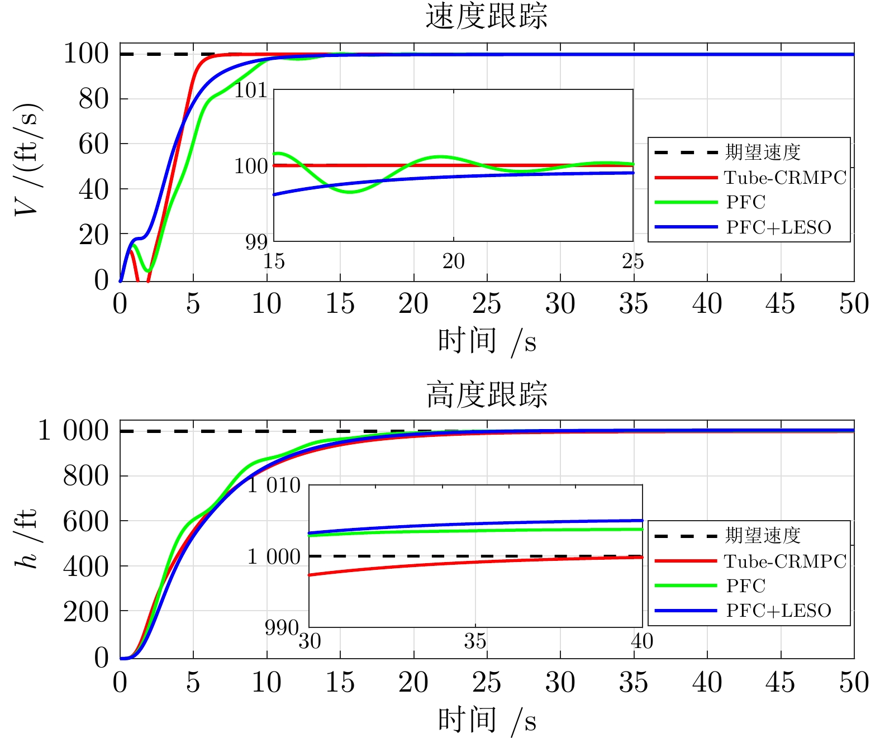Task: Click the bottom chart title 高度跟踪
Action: point(486,394)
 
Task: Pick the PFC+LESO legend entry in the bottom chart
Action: point(778,611)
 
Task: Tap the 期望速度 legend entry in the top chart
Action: point(763,152)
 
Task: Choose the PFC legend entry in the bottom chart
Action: point(745,585)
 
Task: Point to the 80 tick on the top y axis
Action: point(93,99)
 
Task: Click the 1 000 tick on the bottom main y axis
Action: point(73,431)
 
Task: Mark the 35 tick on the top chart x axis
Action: point(634,304)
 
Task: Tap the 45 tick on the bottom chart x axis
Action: point(781,682)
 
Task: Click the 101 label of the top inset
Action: point(250,90)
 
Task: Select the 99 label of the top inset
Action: point(256,242)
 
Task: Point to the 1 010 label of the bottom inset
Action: point(274,485)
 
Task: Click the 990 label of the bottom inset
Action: point(281,628)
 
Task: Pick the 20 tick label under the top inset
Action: point(453,261)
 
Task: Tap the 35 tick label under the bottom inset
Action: point(475,641)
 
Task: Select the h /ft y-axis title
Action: point(27,539)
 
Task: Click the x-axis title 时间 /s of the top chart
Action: point(486,341)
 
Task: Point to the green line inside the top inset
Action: point(350,192)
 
